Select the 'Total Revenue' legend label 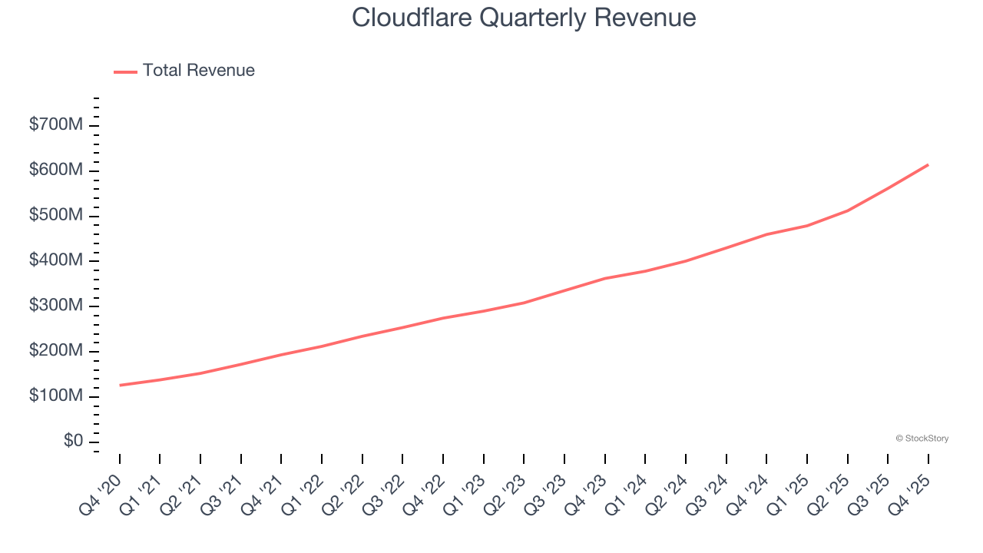click(198, 71)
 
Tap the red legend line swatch click(125, 71)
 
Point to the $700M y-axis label click(55, 125)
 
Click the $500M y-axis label click(55, 216)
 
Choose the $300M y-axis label click(55, 306)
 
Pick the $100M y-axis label click(55, 396)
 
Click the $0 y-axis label click(73, 441)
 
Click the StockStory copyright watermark click(922, 439)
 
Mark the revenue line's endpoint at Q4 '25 click(928, 164)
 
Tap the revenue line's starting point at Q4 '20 click(120, 385)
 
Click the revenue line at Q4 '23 click(605, 278)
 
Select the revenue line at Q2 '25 click(847, 210)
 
